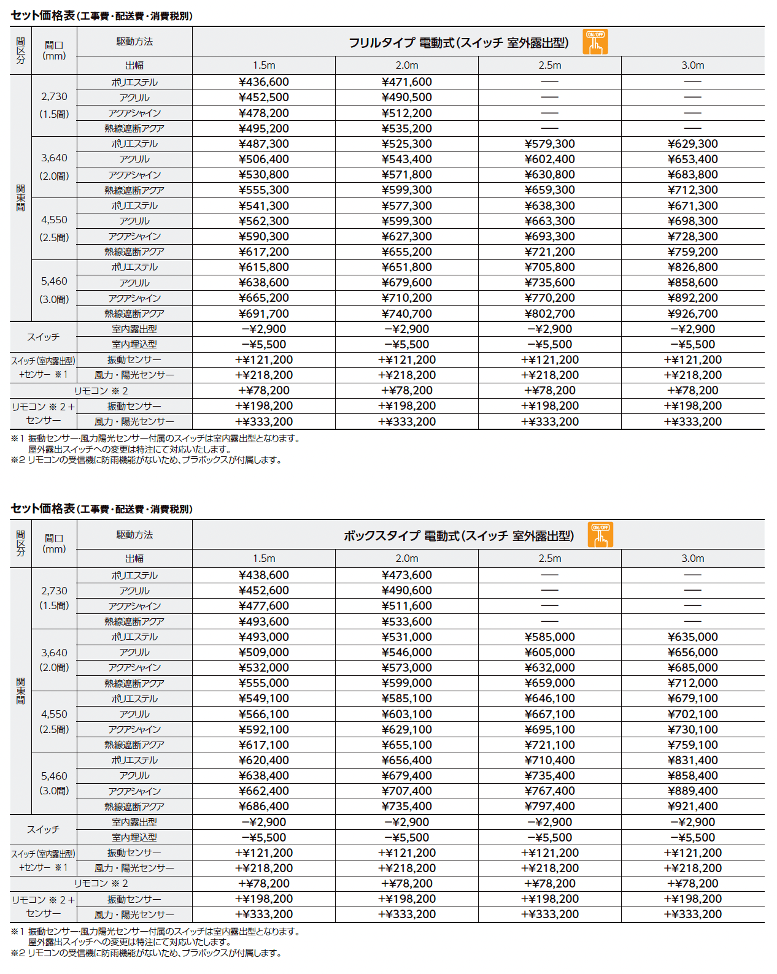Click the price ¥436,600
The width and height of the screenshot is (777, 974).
(x=264, y=82)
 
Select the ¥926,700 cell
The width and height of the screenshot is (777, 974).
(x=692, y=313)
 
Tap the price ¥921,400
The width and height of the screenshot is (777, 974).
(x=692, y=807)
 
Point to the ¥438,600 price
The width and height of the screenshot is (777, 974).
(x=264, y=575)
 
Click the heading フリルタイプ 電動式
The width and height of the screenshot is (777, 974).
(x=458, y=43)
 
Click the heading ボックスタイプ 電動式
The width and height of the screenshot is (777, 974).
(x=458, y=536)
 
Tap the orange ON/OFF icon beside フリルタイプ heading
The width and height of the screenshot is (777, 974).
(x=595, y=42)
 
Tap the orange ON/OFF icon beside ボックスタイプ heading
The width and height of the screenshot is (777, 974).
(x=600, y=535)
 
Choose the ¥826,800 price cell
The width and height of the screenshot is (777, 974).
(x=692, y=267)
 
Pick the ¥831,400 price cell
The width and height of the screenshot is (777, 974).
(x=692, y=761)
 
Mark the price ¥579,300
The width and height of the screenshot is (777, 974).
(x=550, y=144)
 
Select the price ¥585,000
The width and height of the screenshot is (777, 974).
(x=550, y=637)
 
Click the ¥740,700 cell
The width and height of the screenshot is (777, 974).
(x=407, y=313)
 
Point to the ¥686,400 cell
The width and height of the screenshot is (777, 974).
(x=264, y=807)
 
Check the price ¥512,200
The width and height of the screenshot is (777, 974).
(x=407, y=113)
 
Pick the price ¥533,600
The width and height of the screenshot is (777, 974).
(x=407, y=621)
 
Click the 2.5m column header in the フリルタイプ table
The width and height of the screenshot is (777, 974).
(x=550, y=66)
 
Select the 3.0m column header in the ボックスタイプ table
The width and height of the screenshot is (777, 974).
(x=692, y=559)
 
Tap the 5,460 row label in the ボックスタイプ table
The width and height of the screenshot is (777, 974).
(x=54, y=776)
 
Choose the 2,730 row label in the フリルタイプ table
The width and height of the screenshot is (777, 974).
(x=54, y=97)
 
